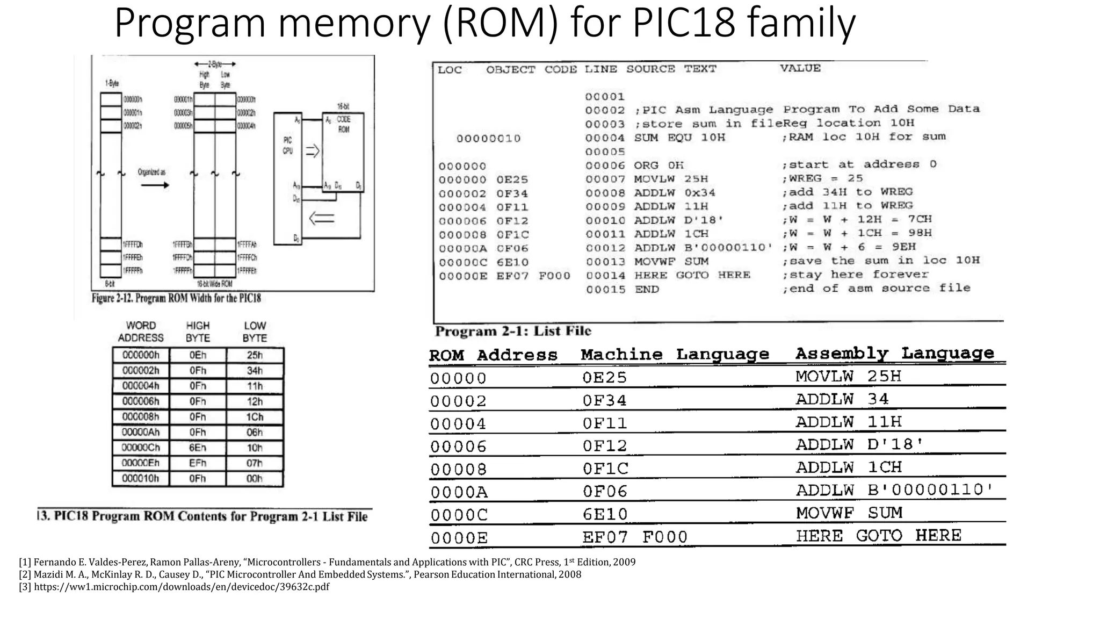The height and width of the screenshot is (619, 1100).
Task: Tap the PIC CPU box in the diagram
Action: (288, 177)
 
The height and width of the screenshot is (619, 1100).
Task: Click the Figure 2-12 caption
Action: (176, 298)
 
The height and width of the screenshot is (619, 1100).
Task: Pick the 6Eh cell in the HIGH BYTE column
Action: (198, 448)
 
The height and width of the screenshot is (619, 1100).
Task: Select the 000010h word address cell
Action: (141, 478)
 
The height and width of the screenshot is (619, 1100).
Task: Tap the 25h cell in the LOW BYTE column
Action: (255, 355)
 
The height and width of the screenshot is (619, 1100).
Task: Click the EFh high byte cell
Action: (198, 463)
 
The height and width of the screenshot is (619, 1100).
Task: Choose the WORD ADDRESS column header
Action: (141, 332)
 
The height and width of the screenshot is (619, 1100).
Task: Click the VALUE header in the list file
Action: (800, 68)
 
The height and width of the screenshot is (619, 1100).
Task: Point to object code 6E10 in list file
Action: (512, 262)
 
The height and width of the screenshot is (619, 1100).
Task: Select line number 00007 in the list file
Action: (605, 179)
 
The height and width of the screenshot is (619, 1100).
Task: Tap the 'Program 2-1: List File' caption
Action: (513, 331)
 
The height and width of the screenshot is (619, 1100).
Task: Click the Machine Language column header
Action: (675, 355)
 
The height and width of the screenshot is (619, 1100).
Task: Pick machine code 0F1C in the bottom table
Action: (605, 469)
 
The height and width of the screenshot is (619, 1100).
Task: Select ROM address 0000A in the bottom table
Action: (458, 492)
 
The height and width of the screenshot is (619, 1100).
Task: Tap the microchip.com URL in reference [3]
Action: (182, 587)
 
